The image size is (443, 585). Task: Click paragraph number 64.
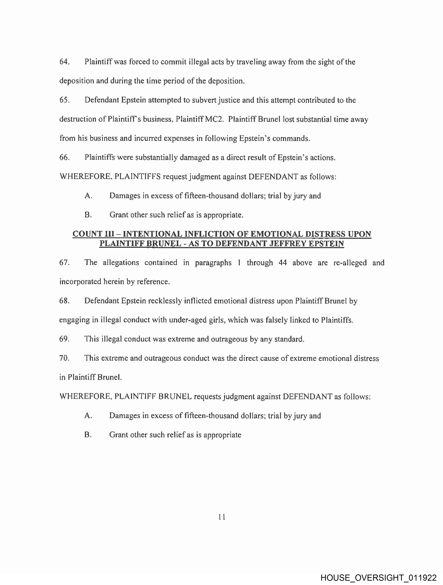pyautogui.click(x=64, y=62)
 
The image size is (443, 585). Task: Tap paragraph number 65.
pyautogui.click(x=64, y=100)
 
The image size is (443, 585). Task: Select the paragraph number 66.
pyautogui.click(x=64, y=158)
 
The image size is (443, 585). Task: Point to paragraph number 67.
pyautogui.click(x=64, y=263)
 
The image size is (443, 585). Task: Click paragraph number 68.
pyautogui.click(x=64, y=301)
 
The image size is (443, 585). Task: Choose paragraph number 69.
pyautogui.click(x=64, y=339)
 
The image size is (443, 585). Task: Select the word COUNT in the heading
pyautogui.click(x=88, y=234)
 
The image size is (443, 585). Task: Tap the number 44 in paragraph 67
pyautogui.click(x=283, y=263)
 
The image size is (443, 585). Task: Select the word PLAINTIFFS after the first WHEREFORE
pyautogui.click(x=137, y=177)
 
